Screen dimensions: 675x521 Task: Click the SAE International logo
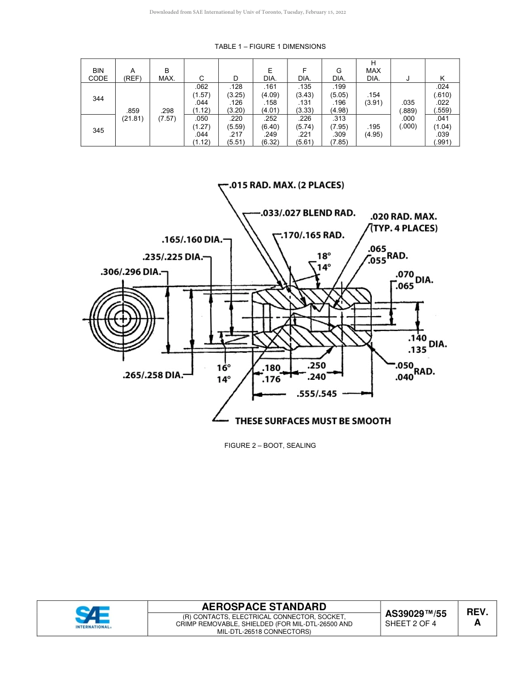point(93,617)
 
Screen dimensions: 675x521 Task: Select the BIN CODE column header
point(98,74)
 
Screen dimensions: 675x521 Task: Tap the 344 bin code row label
point(98,98)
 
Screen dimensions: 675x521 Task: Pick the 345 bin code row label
point(98,131)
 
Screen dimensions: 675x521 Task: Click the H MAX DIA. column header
point(373,70)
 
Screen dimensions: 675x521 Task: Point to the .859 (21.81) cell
point(132,115)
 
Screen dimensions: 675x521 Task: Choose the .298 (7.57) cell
point(167,115)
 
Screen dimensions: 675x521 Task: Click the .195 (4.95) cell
point(373,131)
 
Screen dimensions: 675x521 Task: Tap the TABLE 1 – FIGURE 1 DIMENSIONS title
point(270,47)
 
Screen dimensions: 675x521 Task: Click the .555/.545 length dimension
point(316,394)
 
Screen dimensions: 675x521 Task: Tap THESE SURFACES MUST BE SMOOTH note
point(313,421)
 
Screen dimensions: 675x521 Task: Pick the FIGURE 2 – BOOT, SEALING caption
point(270,446)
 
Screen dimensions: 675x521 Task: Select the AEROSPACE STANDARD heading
point(264,606)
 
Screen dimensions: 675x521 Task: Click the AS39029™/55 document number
point(416,614)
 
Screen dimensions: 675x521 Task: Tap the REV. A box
point(477,617)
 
